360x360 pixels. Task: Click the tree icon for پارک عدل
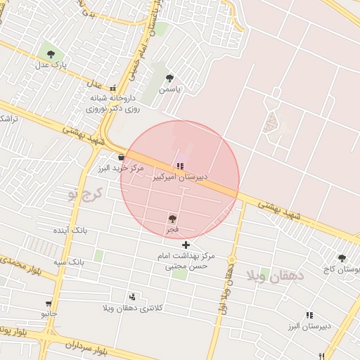[51, 53]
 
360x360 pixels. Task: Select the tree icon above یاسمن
[169, 78]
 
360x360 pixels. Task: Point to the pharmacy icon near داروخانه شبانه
[113, 89]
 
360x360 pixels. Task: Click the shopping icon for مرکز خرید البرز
[122, 157]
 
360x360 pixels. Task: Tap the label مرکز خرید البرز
[120, 169]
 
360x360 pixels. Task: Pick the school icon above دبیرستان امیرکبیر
[181, 167]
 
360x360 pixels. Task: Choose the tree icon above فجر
[173, 219]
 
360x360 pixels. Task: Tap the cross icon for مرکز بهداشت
[186, 245]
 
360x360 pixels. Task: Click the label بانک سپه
[70, 261]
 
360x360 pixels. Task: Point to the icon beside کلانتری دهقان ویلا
[132, 297]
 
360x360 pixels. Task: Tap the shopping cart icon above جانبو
[49, 304]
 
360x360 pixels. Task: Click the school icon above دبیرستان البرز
[309, 316]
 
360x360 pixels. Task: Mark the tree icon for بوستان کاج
[342, 258]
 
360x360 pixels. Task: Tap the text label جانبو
[49, 314]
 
